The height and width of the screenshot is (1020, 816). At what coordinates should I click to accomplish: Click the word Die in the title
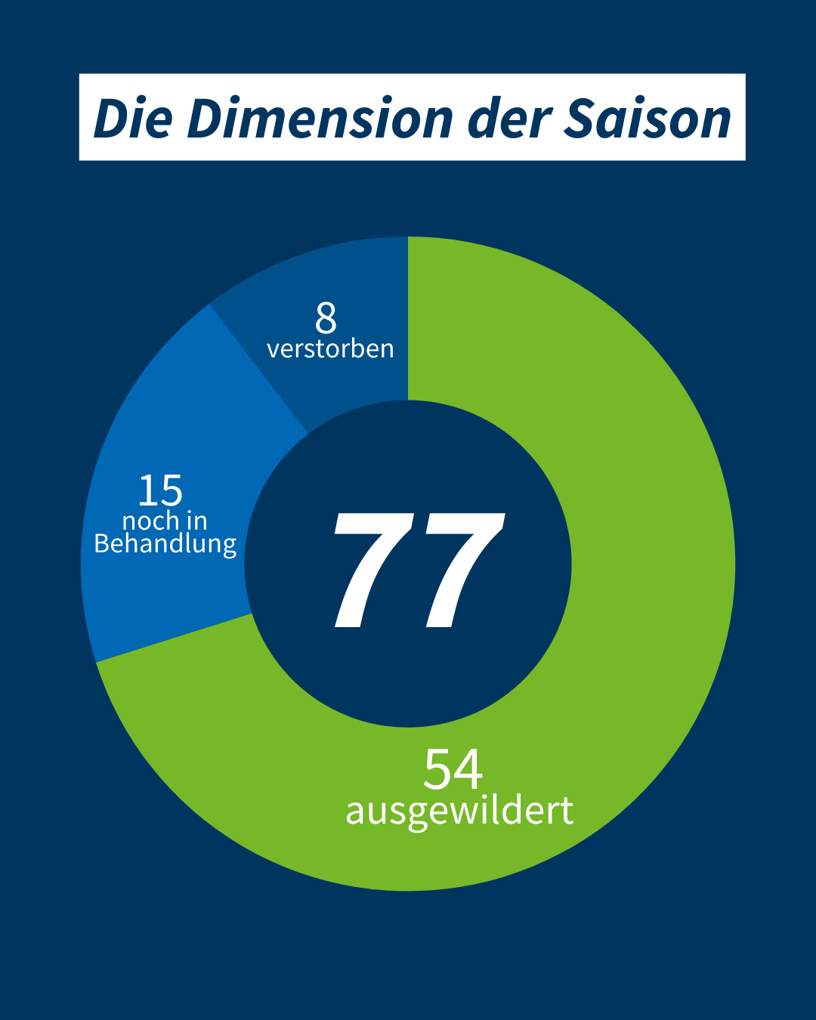(133, 119)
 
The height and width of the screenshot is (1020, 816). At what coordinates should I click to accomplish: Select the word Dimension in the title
(320, 119)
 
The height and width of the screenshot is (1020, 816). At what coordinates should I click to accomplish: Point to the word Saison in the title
(648, 119)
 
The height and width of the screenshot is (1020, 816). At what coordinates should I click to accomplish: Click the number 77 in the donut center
(418, 570)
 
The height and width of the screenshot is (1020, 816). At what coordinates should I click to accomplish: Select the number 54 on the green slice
(453, 770)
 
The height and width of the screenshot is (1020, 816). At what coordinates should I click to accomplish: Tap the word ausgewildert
(459, 811)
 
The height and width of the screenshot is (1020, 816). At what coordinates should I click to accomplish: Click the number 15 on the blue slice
(160, 491)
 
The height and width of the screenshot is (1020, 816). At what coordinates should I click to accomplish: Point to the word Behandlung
(165, 544)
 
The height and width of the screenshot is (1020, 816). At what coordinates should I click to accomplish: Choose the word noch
(151, 521)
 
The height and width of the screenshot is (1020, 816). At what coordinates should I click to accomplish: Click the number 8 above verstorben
(326, 319)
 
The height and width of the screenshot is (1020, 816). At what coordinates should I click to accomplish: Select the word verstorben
(330, 349)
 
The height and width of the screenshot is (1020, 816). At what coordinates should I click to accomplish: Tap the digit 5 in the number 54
(438, 770)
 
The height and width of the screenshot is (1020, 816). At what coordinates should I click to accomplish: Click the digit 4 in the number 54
(468, 770)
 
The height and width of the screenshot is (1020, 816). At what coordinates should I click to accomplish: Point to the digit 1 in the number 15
(148, 491)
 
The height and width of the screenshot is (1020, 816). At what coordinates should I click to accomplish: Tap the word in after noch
(196, 521)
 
